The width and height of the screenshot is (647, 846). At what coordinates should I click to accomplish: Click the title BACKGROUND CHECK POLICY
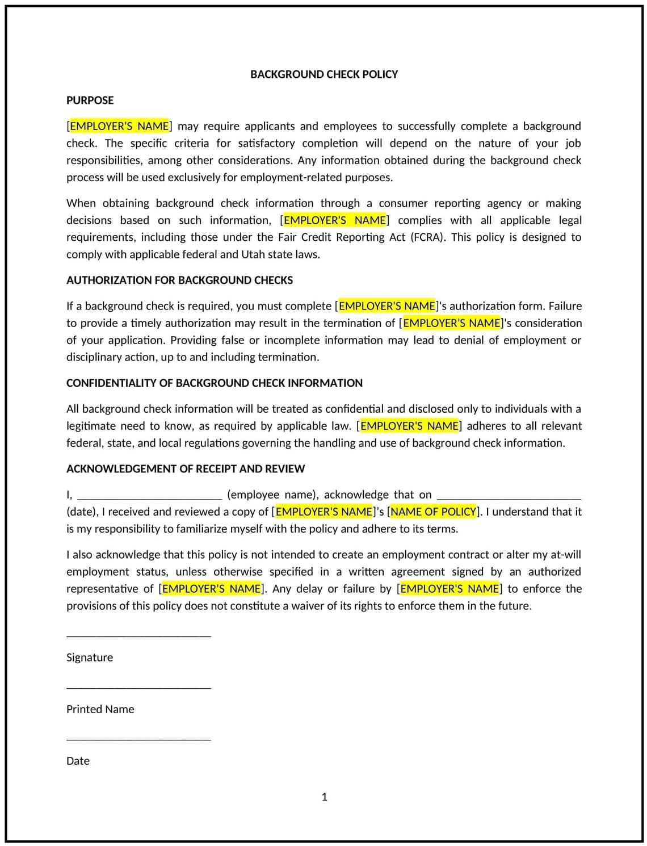tap(323, 74)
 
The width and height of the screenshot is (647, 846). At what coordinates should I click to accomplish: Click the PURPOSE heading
tap(90, 100)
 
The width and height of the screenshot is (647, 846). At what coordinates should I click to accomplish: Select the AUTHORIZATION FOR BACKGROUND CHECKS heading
tap(179, 280)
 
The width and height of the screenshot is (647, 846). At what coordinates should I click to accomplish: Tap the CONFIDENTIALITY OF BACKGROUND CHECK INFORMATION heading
tap(214, 383)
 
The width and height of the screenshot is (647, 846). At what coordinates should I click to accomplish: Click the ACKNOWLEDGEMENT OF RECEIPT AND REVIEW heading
tap(185, 469)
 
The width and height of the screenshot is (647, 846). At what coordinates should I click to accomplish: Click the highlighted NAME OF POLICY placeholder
tap(433, 512)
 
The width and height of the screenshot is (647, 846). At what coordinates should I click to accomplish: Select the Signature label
tap(90, 657)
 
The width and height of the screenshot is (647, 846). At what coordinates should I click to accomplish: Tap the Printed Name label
tap(100, 709)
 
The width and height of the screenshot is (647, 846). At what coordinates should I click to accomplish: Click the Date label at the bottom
tap(78, 761)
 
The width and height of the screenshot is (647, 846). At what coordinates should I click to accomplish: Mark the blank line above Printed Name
tap(138, 688)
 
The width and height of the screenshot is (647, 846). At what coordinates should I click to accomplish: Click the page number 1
tap(324, 797)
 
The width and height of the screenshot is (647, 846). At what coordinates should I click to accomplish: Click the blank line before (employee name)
tap(149, 498)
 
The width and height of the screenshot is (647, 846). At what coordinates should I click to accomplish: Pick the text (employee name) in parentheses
tap(272, 495)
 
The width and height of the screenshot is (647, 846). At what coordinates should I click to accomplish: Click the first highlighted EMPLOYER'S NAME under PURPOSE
tap(119, 126)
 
